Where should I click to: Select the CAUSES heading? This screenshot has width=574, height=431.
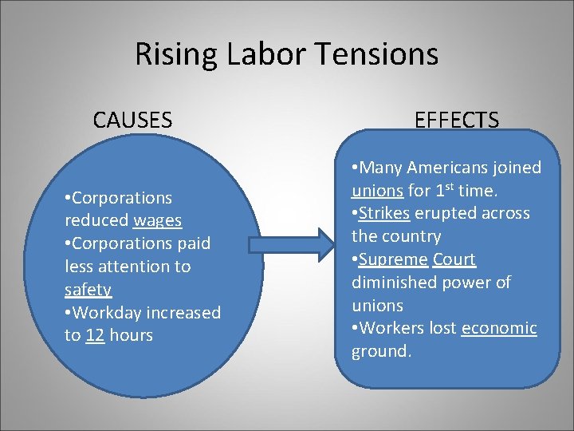(132, 120)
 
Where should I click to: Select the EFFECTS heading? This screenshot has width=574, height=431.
(457, 120)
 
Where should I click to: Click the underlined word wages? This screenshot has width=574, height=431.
(158, 220)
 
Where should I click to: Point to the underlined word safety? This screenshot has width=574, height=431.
(88, 290)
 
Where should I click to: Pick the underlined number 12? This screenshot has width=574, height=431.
(95, 335)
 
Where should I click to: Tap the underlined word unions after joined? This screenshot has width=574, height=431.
(377, 191)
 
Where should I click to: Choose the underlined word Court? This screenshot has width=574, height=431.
(454, 259)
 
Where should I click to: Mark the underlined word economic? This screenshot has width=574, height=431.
(499, 328)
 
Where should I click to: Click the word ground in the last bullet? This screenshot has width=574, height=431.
(379, 351)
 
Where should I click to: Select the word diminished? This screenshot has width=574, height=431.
(392, 283)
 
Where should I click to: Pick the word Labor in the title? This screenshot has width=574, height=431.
(269, 54)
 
